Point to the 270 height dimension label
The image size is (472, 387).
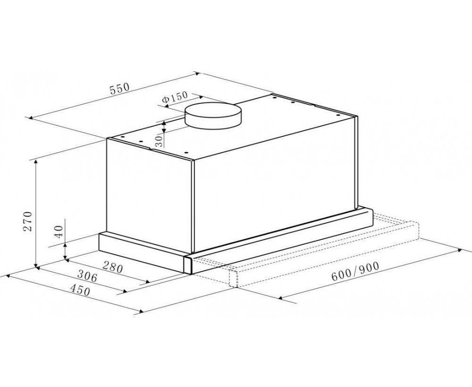pos(28,221)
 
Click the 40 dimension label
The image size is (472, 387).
pos(59,232)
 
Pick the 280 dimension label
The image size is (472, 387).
pos(113,267)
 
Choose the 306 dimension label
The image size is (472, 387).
pos(88,276)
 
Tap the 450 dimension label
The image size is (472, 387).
pos(80,290)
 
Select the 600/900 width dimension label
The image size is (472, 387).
pos(355,271)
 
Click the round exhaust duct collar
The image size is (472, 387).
pos(213,116)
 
